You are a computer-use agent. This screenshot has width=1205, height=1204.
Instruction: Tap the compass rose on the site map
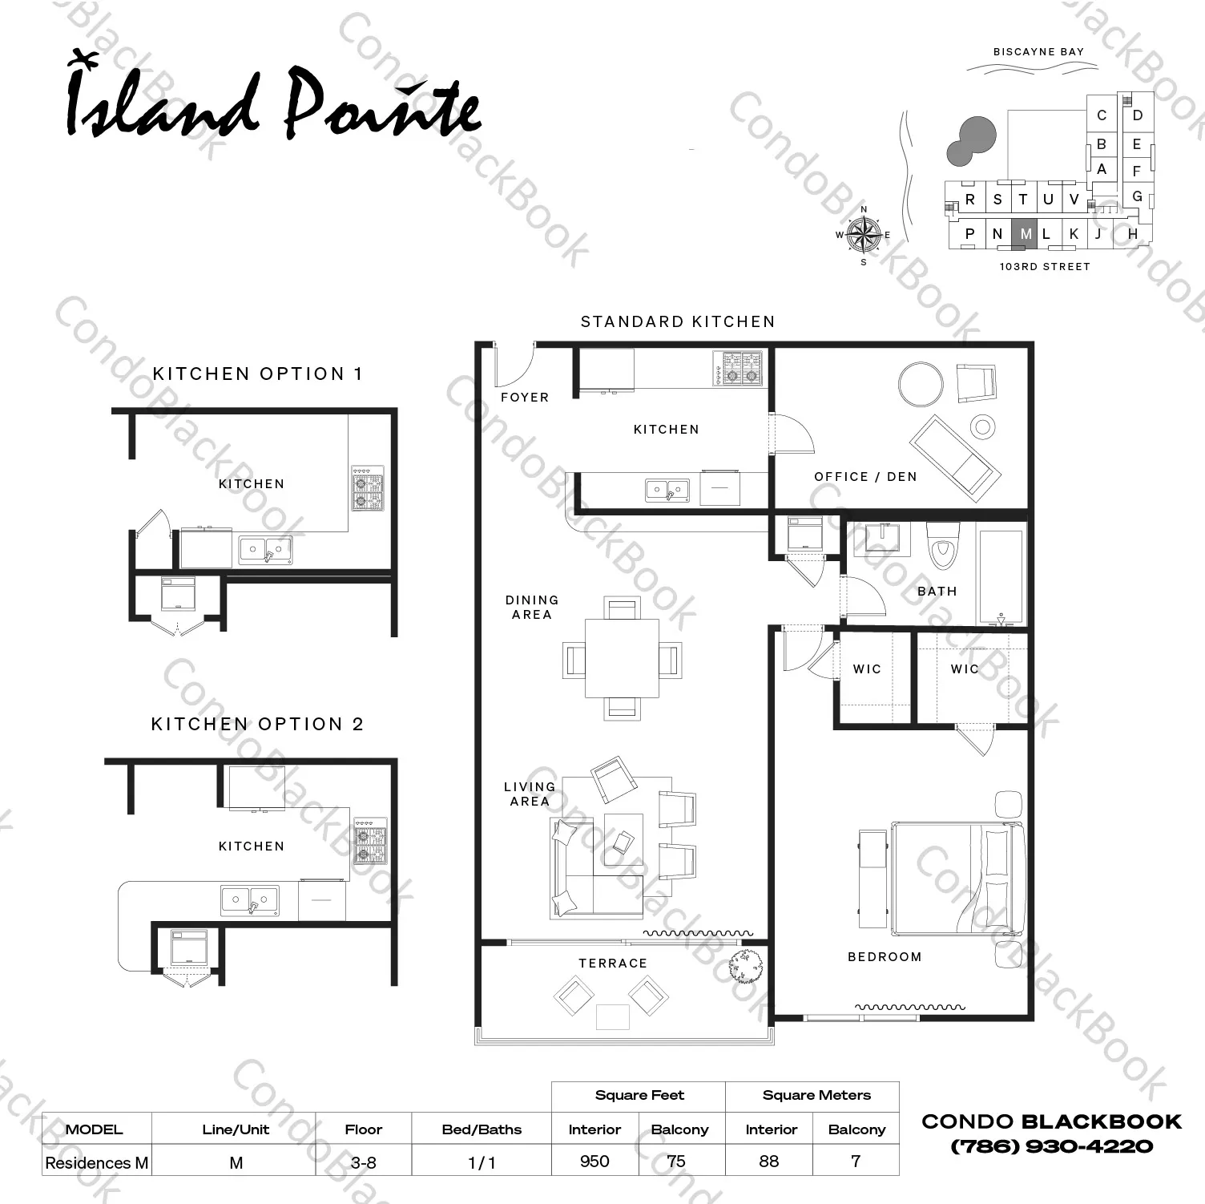pyautogui.click(x=864, y=235)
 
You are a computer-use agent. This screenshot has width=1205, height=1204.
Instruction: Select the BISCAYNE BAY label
pyautogui.click(x=1038, y=51)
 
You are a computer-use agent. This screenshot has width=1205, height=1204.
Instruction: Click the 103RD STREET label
pyautogui.click(x=1045, y=266)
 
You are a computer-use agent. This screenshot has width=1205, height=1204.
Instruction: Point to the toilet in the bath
pyautogui.click(x=942, y=544)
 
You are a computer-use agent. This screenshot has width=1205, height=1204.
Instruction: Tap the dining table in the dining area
pyautogui.click(x=622, y=658)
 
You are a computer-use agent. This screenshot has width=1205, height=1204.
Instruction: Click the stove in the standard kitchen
pyautogui.click(x=738, y=368)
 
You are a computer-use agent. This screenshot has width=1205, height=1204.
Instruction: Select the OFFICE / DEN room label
pyautogui.click(x=865, y=476)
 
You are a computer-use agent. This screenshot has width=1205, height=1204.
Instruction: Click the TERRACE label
pyautogui.click(x=613, y=963)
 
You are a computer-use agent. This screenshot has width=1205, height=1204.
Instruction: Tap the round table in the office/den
pyautogui.click(x=921, y=385)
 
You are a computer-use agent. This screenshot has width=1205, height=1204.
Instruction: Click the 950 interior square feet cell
pyautogui.click(x=594, y=1161)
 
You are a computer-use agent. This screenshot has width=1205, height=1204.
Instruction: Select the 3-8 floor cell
pyautogui.click(x=363, y=1162)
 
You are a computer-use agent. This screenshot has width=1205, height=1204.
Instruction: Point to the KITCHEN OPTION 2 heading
pyautogui.click(x=257, y=724)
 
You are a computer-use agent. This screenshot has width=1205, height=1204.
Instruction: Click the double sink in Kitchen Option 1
pyautogui.click(x=265, y=550)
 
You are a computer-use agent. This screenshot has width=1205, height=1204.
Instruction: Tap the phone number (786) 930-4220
pyautogui.click(x=1051, y=1146)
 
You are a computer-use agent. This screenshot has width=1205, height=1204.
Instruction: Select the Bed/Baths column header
pyautogui.click(x=482, y=1129)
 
